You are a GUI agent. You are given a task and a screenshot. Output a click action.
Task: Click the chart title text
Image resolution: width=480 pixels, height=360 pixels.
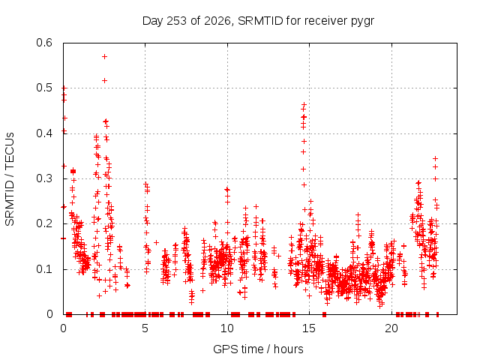[258, 21]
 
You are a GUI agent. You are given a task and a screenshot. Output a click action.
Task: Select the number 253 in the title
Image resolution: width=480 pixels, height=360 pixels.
[178, 21]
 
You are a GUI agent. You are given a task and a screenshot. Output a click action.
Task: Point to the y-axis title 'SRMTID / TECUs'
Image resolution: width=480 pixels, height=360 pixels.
[10, 179]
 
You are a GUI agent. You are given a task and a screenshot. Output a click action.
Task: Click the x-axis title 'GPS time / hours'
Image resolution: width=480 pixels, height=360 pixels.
[258, 349]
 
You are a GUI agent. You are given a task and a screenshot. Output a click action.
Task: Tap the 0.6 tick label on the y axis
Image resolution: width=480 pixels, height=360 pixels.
[44, 43]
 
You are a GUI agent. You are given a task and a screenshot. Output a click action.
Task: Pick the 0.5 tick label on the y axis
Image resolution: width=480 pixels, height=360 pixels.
[44, 88]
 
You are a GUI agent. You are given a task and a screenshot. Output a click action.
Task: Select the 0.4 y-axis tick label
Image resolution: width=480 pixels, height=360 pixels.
[44, 133]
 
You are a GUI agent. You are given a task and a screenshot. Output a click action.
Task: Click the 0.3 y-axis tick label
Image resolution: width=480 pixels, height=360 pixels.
[44, 178]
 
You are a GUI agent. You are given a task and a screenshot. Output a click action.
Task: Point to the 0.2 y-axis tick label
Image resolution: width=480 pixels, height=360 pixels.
[44, 223]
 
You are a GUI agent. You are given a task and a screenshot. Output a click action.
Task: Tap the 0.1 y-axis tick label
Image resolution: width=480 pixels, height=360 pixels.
[44, 269]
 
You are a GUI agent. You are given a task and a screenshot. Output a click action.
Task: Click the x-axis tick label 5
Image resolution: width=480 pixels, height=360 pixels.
[145, 328]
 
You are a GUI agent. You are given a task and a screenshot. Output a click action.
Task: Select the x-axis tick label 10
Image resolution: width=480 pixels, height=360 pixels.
[227, 328]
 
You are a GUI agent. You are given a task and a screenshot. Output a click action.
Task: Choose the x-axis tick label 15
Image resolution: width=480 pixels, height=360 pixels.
[309, 328]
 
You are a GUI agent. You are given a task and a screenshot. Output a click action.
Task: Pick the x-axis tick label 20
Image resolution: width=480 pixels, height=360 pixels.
[391, 328]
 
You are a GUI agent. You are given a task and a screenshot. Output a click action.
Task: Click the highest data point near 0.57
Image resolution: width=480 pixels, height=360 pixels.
[104, 57]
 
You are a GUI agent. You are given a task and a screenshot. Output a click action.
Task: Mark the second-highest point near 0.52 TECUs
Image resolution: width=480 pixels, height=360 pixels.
[104, 80]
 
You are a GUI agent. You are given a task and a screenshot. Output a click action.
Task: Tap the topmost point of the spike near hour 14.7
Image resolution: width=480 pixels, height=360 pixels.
[304, 105]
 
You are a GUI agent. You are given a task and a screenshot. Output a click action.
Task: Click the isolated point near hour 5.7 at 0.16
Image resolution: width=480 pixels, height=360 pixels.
[156, 242]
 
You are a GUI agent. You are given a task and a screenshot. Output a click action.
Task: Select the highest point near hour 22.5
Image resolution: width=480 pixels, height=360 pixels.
[435, 158]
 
